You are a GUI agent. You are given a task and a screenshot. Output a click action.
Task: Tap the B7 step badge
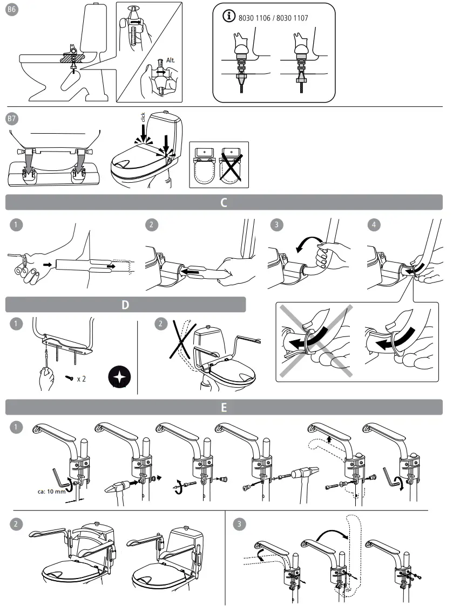[x=12, y=119]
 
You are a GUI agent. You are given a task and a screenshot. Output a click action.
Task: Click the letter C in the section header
[x=224, y=203]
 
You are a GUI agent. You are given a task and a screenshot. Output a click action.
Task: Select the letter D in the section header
[x=125, y=305]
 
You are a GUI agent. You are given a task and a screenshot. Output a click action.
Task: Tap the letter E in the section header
[x=224, y=408]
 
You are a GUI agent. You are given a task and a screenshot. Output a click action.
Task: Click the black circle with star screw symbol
[x=117, y=377]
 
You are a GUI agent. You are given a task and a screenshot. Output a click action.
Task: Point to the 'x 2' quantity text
[x=82, y=379]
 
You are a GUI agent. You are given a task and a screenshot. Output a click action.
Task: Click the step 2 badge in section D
[x=161, y=324]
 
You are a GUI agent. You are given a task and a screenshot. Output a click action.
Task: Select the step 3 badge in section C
[x=276, y=225]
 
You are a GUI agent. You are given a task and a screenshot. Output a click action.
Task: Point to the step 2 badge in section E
[x=17, y=522]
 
